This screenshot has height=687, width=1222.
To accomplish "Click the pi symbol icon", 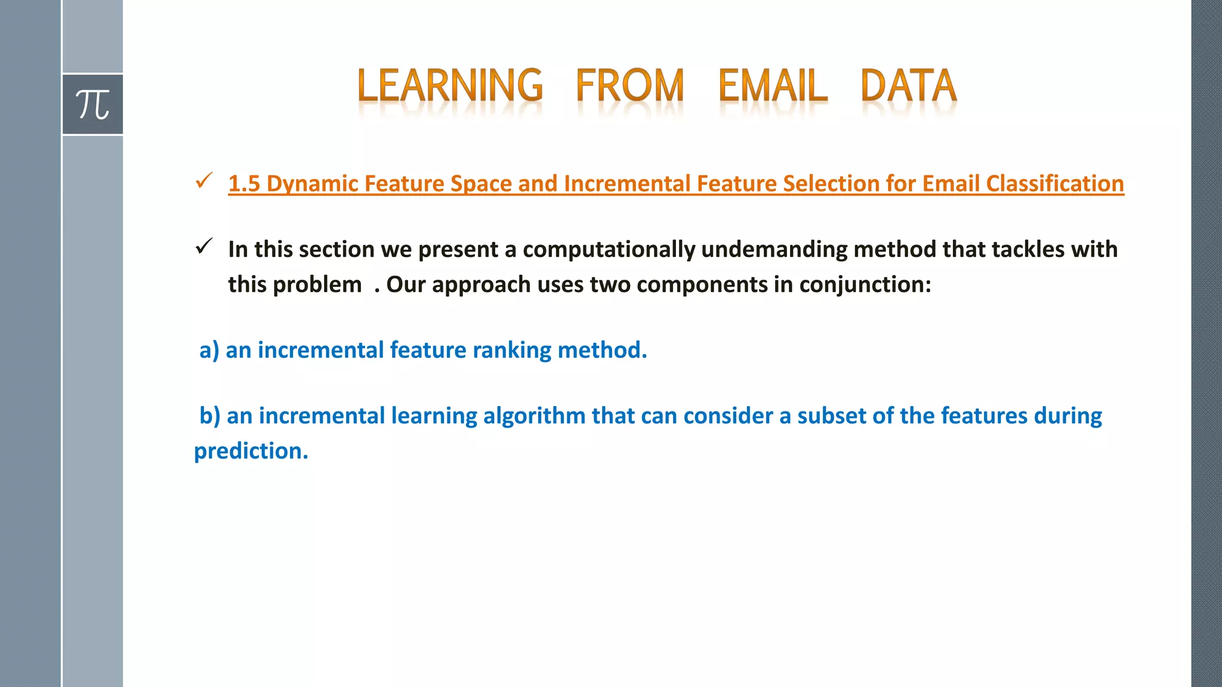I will pos(92,105).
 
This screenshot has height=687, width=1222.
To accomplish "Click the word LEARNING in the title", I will pos(450,86).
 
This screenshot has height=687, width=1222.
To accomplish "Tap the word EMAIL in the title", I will pos(772,86).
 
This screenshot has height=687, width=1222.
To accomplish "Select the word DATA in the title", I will pos(908,86).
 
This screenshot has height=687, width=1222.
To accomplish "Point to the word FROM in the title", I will pos(629,86).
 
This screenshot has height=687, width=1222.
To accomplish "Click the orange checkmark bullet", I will pos(204,181).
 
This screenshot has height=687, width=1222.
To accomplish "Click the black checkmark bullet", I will pos(204,246).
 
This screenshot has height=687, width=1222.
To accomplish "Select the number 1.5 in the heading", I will pos(244,184).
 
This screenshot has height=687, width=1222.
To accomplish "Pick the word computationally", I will pos(609,249).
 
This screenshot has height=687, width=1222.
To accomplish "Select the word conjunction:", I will pos(865,285).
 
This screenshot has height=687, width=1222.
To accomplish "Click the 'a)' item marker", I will pos(209,350).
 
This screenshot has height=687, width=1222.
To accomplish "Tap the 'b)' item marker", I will pos(210,416).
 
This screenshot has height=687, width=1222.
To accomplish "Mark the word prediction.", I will pos(251,451).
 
